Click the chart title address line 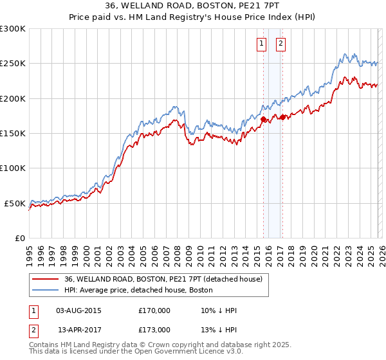[x=193, y=6]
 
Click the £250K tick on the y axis [x=13, y=64]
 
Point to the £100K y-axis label [x=13, y=168]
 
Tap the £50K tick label [x=15, y=203]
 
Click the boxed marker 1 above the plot [x=262, y=44]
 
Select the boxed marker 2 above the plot [x=282, y=44]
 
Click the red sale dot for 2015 [x=263, y=119]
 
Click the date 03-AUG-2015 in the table [x=78, y=310]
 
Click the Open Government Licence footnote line [x=136, y=353]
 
